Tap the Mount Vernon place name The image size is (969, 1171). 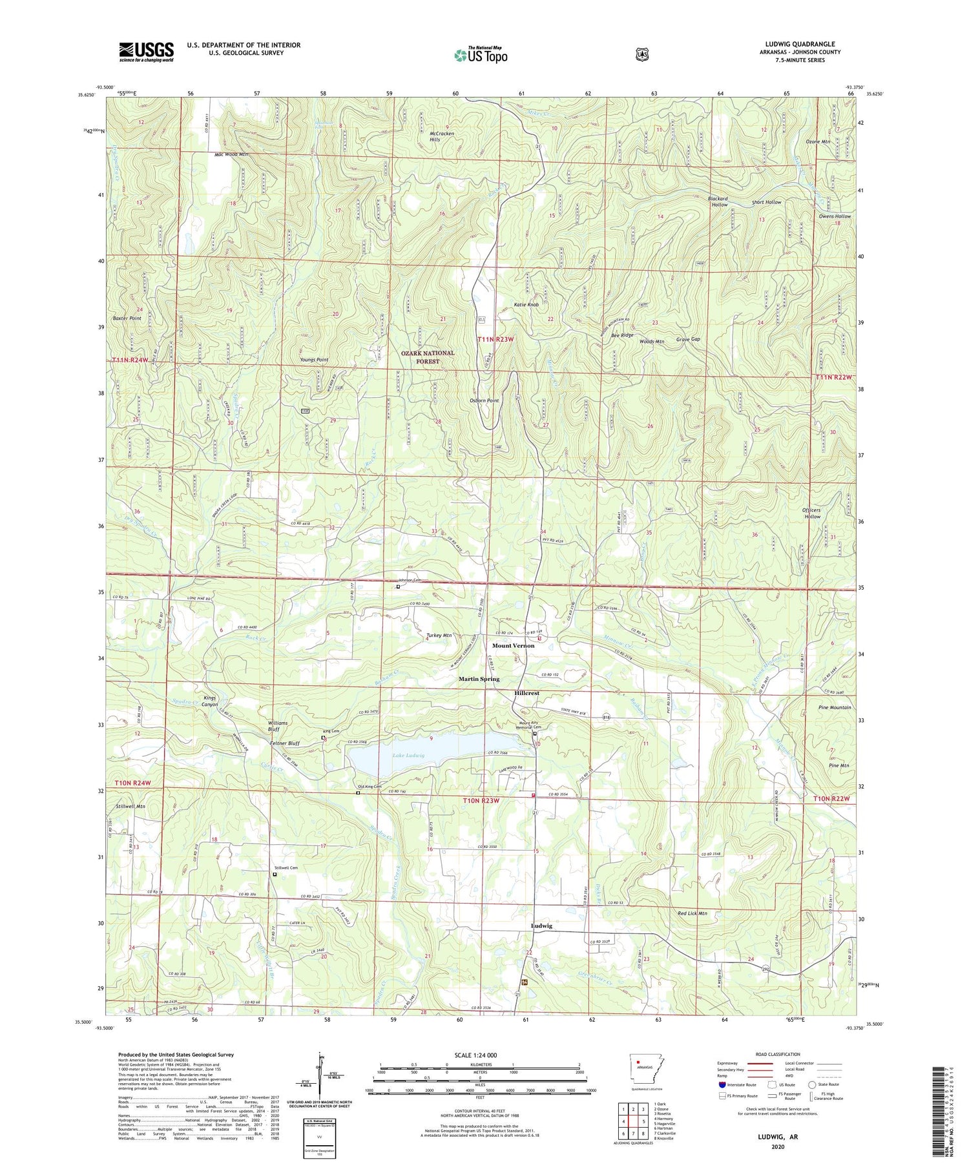(x=514, y=646)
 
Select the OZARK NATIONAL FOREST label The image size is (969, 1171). (x=428, y=357)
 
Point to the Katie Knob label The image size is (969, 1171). (x=526, y=305)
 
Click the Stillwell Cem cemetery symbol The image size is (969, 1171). (x=275, y=875)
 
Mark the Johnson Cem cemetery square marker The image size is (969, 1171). (x=398, y=587)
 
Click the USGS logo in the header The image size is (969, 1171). (x=146, y=52)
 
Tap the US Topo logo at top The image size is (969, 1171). (x=481, y=55)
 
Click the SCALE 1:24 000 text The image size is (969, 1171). (x=479, y=1055)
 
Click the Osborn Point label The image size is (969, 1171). (x=484, y=400)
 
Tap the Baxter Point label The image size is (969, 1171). (x=127, y=318)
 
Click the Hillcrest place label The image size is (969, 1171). (x=527, y=693)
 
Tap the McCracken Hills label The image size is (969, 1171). (x=443, y=136)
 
